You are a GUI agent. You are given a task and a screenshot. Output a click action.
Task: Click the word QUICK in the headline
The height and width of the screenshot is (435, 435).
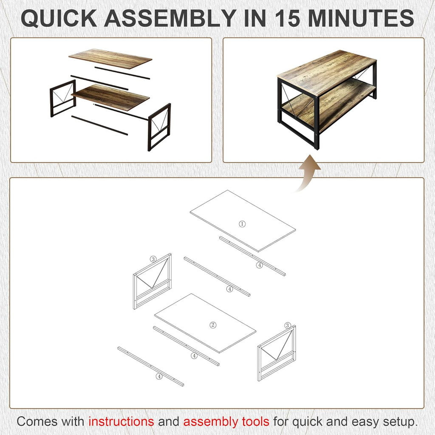[58, 18]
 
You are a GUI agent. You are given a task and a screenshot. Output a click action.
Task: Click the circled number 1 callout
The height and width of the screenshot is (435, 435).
[242, 224]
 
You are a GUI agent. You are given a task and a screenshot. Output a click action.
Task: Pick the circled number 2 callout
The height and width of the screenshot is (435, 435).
[213, 325]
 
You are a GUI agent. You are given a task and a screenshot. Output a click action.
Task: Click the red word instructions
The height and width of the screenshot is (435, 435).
[121, 421]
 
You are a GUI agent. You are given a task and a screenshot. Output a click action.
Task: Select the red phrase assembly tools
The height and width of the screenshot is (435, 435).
[226, 421]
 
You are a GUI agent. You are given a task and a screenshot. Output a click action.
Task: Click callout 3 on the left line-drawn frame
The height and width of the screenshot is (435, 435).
[153, 259]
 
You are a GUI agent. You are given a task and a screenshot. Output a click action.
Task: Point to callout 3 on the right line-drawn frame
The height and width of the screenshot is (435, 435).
[288, 325]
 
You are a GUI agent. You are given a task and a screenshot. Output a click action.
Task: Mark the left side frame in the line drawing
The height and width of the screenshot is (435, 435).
[152, 281]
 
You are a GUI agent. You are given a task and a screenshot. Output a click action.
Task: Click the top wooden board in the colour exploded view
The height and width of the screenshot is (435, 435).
[110, 58]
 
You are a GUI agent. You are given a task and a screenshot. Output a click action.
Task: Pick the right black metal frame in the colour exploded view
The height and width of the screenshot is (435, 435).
[159, 126]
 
